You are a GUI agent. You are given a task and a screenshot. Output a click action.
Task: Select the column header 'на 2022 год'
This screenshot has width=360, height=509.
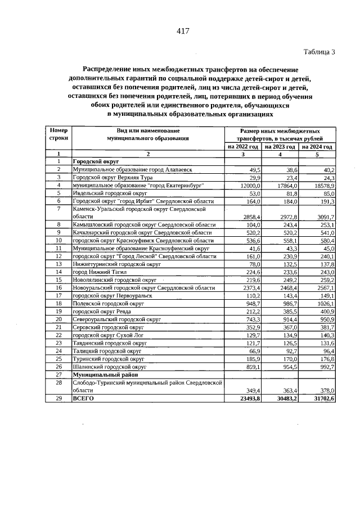[x=243, y=146]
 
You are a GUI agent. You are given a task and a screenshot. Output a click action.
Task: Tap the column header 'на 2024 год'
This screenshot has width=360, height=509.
[x=317, y=146]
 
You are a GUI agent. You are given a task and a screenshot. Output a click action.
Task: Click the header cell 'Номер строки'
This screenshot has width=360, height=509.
[x=58, y=134]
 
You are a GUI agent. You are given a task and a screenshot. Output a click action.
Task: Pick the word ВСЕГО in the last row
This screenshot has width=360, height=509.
[x=83, y=398]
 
